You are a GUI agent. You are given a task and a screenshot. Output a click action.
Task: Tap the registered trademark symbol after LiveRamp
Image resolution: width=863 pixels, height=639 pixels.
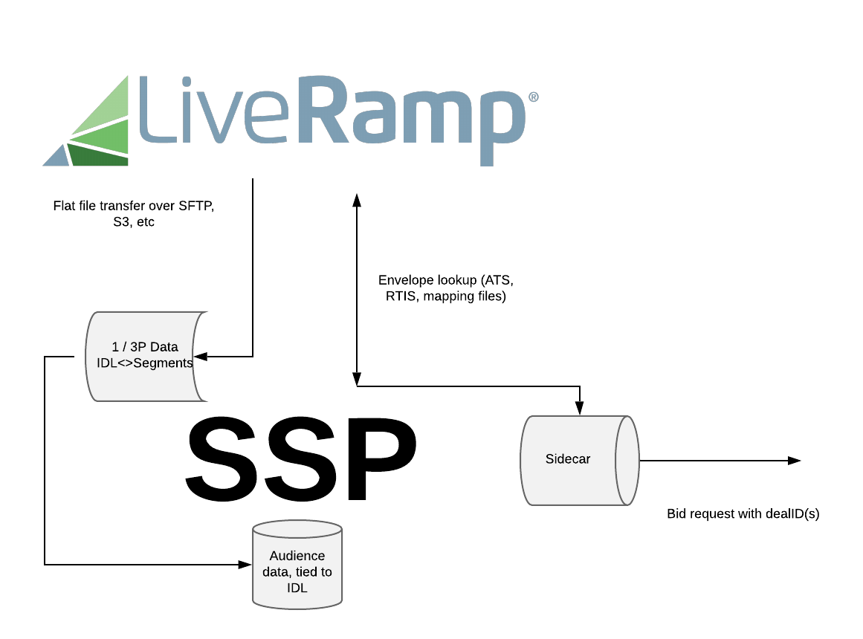(533, 97)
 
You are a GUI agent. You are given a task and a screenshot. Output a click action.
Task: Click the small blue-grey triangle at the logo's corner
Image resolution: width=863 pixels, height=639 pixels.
(57, 157)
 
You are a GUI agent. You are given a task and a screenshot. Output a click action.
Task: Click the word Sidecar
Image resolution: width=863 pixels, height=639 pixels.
(568, 459)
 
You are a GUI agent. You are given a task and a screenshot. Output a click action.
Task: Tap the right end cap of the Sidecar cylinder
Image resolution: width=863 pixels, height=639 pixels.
(627, 460)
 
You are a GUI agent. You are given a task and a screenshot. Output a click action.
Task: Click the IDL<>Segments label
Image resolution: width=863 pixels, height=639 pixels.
(145, 363)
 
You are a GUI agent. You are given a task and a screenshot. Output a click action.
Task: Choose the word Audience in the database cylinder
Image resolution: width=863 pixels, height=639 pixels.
(297, 556)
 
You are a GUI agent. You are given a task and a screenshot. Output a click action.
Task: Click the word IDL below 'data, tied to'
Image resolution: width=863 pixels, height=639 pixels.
(297, 588)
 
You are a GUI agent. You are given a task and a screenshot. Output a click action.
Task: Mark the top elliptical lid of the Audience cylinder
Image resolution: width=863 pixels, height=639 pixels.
(297, 530)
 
